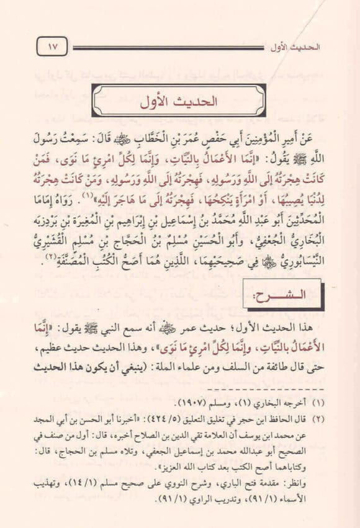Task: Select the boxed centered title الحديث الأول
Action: pos(179,102)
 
